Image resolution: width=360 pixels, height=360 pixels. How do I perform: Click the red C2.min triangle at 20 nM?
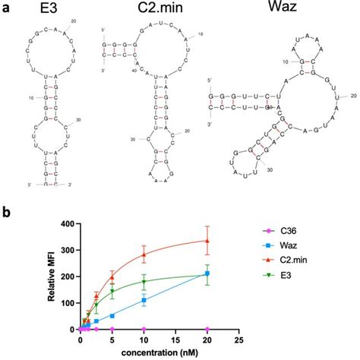(x=207, y=242)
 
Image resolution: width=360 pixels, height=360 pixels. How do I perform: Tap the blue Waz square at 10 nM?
(x=144, y=301)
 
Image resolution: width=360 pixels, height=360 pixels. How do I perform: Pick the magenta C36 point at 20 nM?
(x=207, y=330)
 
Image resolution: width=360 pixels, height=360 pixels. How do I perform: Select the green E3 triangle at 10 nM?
(x=144, y=283)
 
